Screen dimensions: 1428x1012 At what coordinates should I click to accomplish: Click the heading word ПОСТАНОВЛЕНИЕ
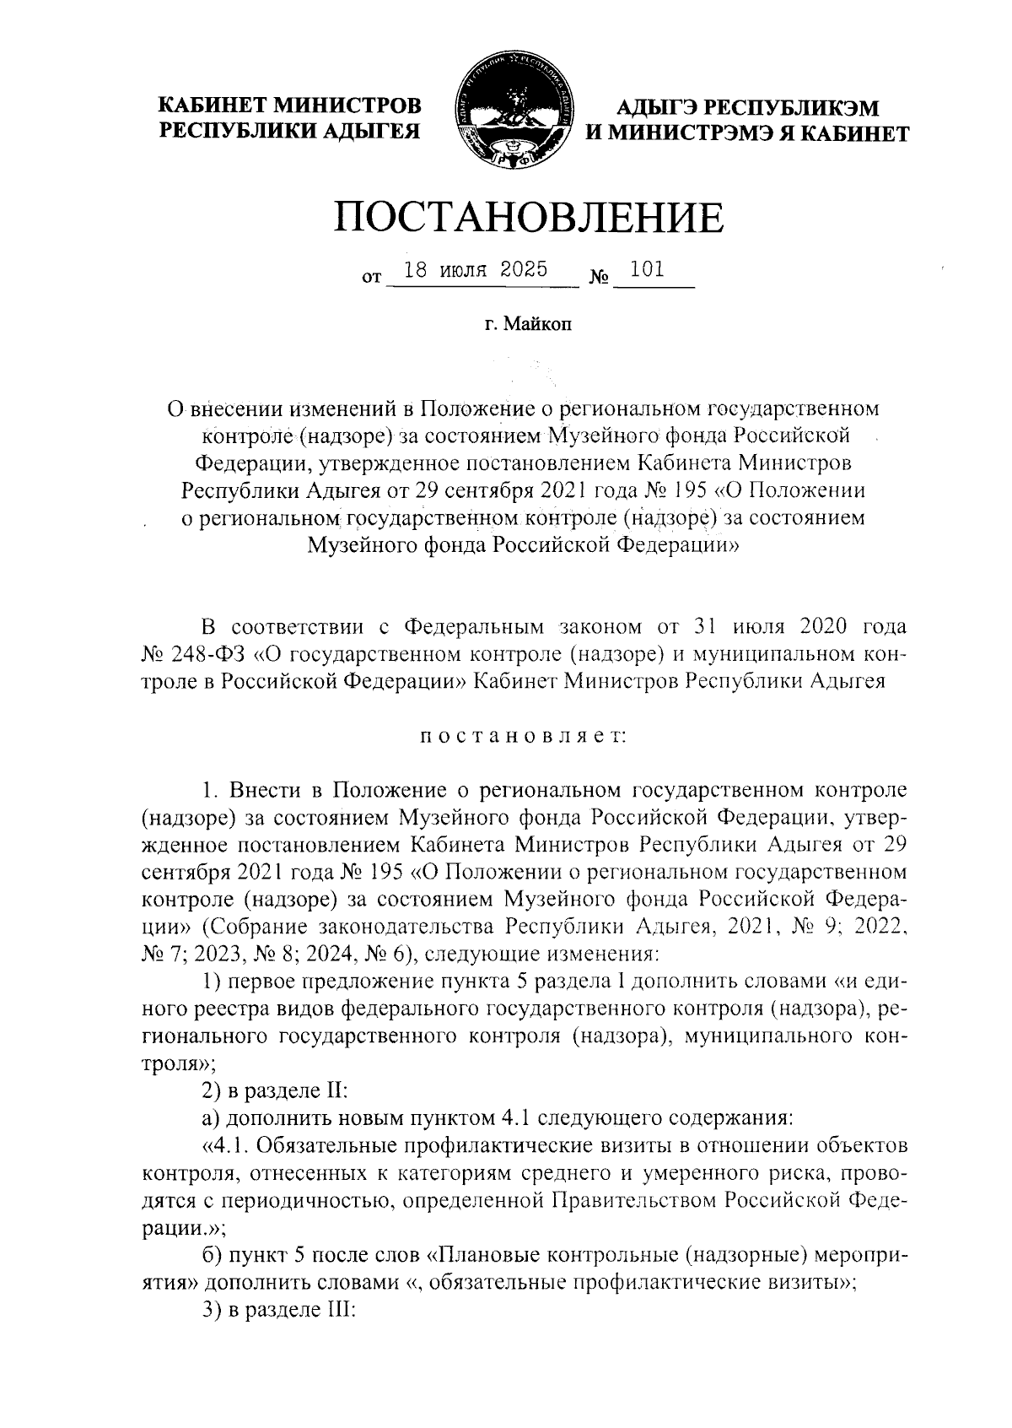(529, 217)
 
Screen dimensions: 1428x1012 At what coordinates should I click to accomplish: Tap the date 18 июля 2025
(476, 270)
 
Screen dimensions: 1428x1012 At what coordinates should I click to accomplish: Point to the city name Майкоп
(538, 326)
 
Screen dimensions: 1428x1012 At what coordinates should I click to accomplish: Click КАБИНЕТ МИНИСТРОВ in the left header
(291, 106)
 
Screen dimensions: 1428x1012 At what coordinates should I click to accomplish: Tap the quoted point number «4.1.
(225, 1145)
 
